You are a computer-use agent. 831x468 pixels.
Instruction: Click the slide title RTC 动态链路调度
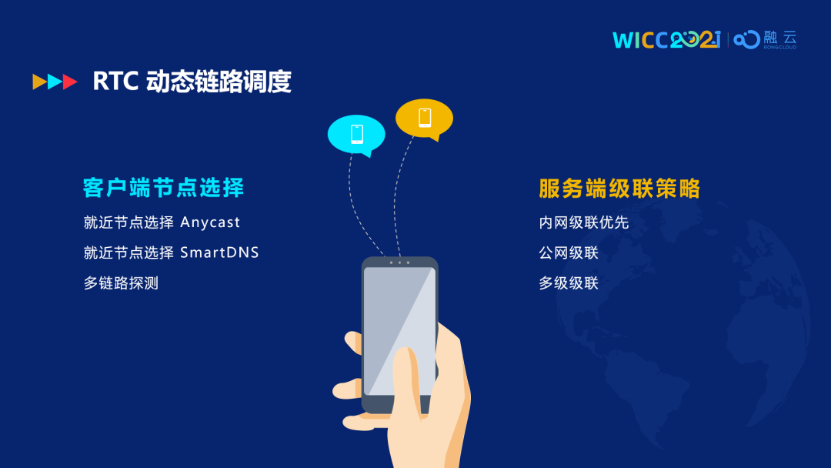192,82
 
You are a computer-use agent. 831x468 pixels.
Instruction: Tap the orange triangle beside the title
40,82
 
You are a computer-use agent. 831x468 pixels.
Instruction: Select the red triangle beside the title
70,82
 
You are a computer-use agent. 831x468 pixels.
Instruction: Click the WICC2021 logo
666,40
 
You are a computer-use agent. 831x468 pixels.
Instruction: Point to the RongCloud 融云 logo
765,40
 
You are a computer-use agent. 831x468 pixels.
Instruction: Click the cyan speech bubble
357,135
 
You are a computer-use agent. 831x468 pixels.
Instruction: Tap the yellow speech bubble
425,119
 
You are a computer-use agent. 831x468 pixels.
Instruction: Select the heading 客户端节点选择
163,188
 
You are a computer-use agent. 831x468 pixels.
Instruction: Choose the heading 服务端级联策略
619,189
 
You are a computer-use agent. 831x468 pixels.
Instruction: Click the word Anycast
210,222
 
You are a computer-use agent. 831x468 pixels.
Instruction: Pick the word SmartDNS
219,252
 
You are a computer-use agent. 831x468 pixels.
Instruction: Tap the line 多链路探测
121,283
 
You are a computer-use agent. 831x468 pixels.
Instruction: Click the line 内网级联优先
583,222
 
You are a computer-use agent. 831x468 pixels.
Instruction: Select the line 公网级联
569,252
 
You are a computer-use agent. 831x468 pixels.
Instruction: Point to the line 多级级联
569,283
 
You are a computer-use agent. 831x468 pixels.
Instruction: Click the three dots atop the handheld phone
399,262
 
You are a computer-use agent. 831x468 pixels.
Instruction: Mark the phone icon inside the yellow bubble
425,118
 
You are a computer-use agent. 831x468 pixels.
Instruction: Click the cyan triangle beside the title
55,82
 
